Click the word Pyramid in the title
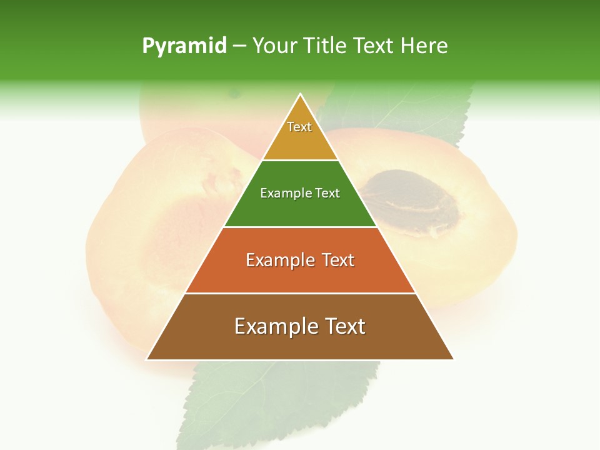(x=184, y=46)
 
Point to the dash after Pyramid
(x=239, y=46)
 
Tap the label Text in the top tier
(x=299, y=127)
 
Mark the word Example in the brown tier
(x=274, y=326)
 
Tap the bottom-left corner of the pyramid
(x=147, y=359)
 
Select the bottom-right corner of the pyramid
(x=453, y=359)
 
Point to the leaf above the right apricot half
(x=406, y=112)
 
